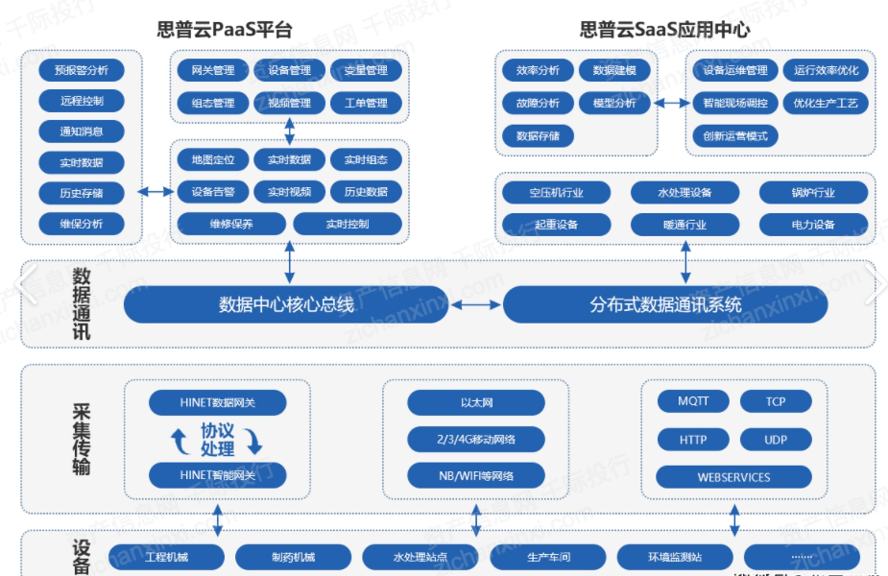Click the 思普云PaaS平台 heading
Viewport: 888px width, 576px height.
pyautogui.click(x=225, y=30)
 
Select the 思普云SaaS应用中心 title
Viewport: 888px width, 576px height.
pyautogui.click(x=664, y=30)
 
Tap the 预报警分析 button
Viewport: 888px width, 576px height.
pyautogui.click(x=82, y=70)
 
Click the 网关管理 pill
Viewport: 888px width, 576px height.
pyautogui.click(x=213, y=71)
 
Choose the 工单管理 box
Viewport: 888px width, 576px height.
pyautogui.click(x=366, y=103)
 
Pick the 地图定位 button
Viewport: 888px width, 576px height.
pyautogui.click(x=213, y=160)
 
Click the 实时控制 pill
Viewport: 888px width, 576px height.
pyautogui.click(x=348, y=224)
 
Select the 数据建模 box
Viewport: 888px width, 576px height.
pyautogui.click(x=614, y=71)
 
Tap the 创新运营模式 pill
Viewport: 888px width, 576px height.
pyautogui.click(x=735, y=135)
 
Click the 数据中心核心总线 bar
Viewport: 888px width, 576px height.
pyautogui.click(x=286, y=305)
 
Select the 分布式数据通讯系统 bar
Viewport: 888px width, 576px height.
pyautogui.click(x=665, y=305)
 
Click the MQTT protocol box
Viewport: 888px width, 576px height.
pyautogui.click(x=693, y=401)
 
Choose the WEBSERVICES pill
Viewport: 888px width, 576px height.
pyautogui.click(x=733, y=476)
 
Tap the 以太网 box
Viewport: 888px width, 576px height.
pyautogui.click(x=476, y=402)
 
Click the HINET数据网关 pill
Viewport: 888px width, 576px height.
pyautogui.click(x=218, y=402)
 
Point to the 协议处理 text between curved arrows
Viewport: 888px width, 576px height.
pyautogui.click(x=218, y=440)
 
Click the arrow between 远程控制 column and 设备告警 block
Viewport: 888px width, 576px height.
pyautogui.click(x=156, y=192)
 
